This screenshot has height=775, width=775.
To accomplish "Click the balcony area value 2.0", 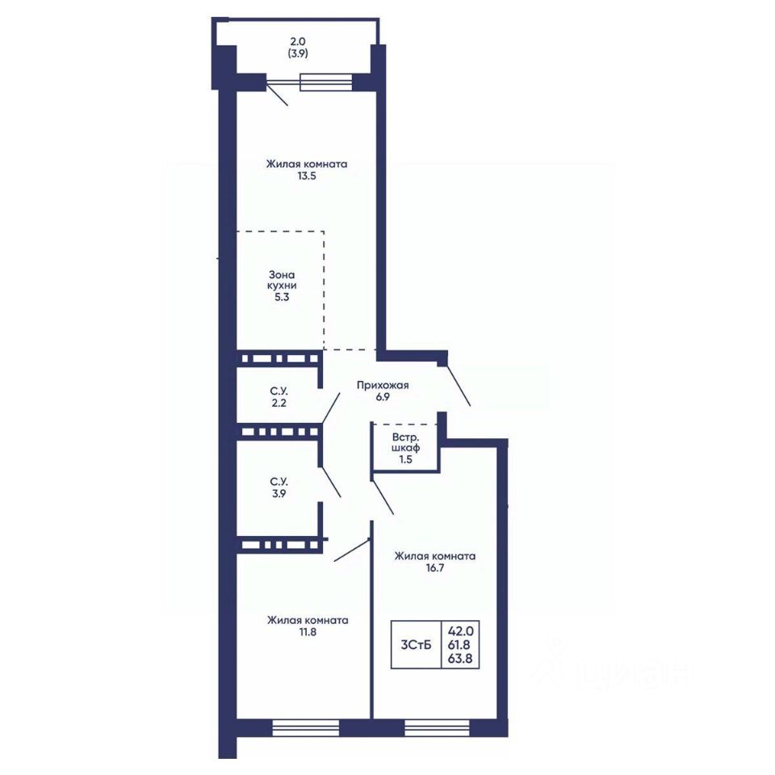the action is pos(298,42).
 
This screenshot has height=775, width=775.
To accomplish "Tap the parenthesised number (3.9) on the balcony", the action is pos(298,53).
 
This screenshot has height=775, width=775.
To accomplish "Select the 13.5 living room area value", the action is pos(307,175).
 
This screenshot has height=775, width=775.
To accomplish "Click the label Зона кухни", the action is pos(282,280).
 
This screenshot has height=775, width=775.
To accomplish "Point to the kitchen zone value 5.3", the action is pos(282,297).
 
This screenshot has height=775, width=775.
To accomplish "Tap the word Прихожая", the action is pos(383,385).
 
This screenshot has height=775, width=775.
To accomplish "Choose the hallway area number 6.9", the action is pos(383,396).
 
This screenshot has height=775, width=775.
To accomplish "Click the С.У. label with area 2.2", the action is pos(279,391).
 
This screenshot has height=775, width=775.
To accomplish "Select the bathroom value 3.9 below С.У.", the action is pos(279,492).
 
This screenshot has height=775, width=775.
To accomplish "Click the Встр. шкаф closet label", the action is pos(406,443).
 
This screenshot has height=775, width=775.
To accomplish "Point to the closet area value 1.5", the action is pos(406,459).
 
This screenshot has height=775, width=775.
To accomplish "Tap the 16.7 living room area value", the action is pos(435,568).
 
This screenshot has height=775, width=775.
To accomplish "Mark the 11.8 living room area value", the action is pos(308,631).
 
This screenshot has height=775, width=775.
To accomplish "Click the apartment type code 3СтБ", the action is pos(417,644).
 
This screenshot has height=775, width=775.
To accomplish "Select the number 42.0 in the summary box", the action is pos(461,631).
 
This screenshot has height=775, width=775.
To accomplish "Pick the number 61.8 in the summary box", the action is pos(460,644).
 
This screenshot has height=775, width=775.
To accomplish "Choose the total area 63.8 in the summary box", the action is pos(460,659).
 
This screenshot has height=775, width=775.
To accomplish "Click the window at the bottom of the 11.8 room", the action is pos(306,727).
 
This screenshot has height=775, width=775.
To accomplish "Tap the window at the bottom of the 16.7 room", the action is pos(437,727).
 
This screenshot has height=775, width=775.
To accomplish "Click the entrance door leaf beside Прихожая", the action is pos(459,386).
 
